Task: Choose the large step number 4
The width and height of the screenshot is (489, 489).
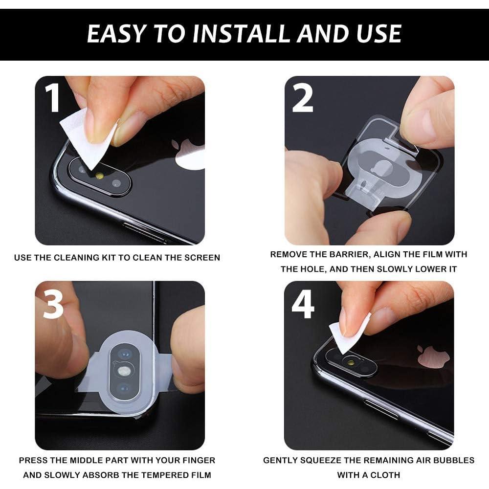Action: pyautogui.click(x=303, y=304)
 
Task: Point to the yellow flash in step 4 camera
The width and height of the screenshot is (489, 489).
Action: pyautogui.click(x=350, y=363)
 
